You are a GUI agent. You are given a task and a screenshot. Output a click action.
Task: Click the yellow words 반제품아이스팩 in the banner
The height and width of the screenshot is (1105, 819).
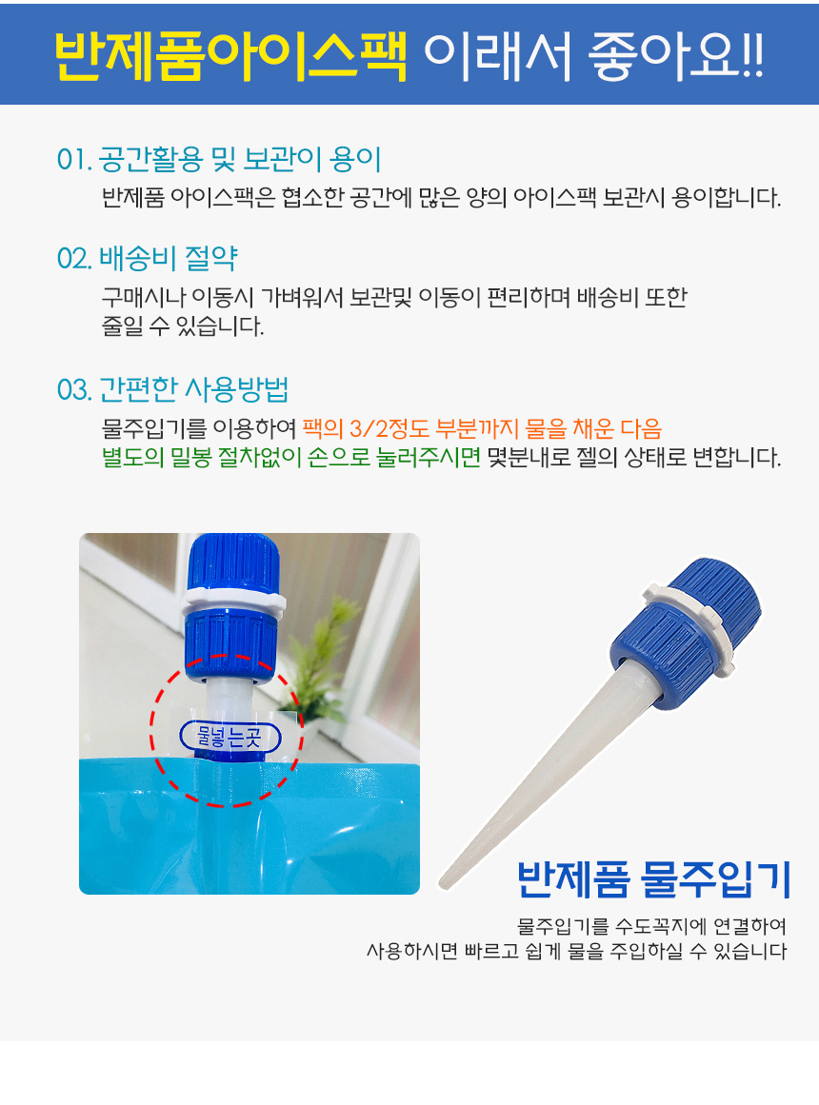point(230,54)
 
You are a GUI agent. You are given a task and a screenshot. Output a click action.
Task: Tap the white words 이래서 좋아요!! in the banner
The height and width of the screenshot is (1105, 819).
point(593,54)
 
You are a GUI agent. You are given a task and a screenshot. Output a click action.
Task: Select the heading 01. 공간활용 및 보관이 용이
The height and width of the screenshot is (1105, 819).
point(219,160)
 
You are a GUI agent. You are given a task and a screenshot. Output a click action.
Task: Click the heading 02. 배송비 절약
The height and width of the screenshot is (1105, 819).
point(147,259)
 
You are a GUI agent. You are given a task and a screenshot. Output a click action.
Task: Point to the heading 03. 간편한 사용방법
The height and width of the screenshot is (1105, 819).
point(172,389)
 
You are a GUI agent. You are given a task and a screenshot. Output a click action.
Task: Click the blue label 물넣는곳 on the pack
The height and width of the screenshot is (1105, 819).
point(230,737)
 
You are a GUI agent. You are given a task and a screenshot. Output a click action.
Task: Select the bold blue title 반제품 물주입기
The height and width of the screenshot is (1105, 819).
point(653,879)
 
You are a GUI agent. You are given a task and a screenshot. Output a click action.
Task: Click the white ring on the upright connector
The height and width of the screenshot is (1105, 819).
point(233,602)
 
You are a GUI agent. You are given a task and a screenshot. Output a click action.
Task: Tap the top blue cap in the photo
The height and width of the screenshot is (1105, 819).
point(233,560)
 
